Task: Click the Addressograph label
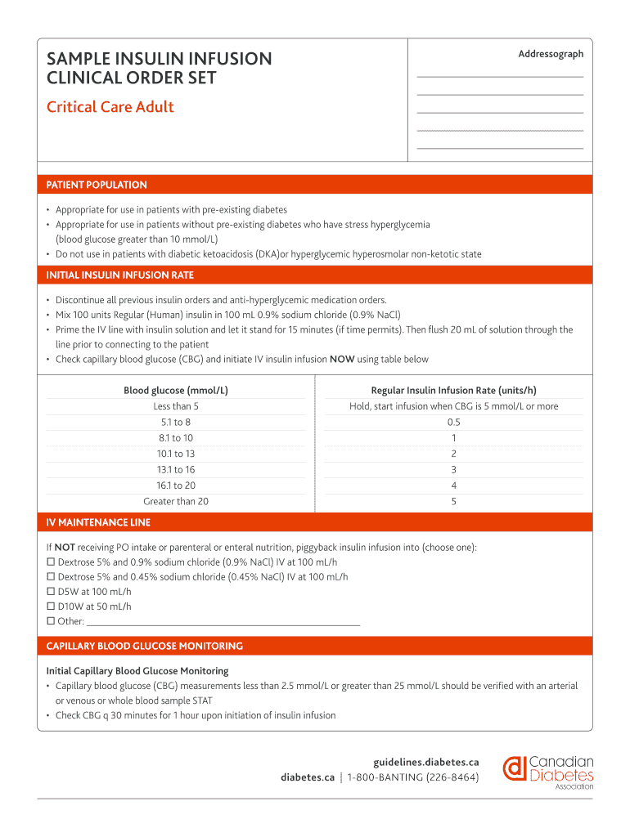(x=551, y=54)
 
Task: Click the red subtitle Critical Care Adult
(x=110, y=107)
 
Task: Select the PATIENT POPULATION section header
(x=97, y=185)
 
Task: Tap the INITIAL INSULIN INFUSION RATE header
(x=119, y=275)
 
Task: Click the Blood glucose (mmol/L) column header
(x=176, y=391)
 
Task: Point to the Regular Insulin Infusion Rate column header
(x=453, y=391)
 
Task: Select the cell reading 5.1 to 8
(x=176, y=422)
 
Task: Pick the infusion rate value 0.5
(x=453, y=422)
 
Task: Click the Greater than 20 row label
(x=176, y=501)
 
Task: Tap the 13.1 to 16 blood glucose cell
(x=176, y=469)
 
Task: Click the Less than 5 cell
(x=176, y=406)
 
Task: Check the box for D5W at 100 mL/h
(x=51, y=592)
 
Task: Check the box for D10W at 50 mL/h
(x=51, y=606)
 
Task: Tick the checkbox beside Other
(x=51, y=621)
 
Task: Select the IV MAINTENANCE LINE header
(x=98, y=522)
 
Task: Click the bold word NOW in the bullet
(x=341, y=359)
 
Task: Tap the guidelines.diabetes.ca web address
(x=425, y=761)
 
